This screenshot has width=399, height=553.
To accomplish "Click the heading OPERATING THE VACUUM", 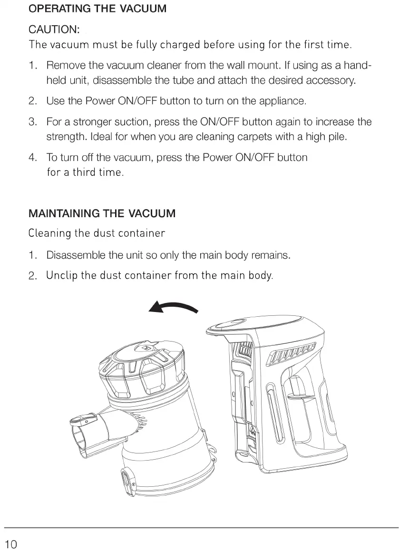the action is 97,9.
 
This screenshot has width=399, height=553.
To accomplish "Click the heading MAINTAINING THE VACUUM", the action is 102,213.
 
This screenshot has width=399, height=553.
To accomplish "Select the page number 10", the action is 11,544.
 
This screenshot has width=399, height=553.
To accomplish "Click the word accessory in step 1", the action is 330,80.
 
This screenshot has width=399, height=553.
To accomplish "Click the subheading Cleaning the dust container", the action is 97,233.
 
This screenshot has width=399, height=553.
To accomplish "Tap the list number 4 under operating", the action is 32,157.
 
